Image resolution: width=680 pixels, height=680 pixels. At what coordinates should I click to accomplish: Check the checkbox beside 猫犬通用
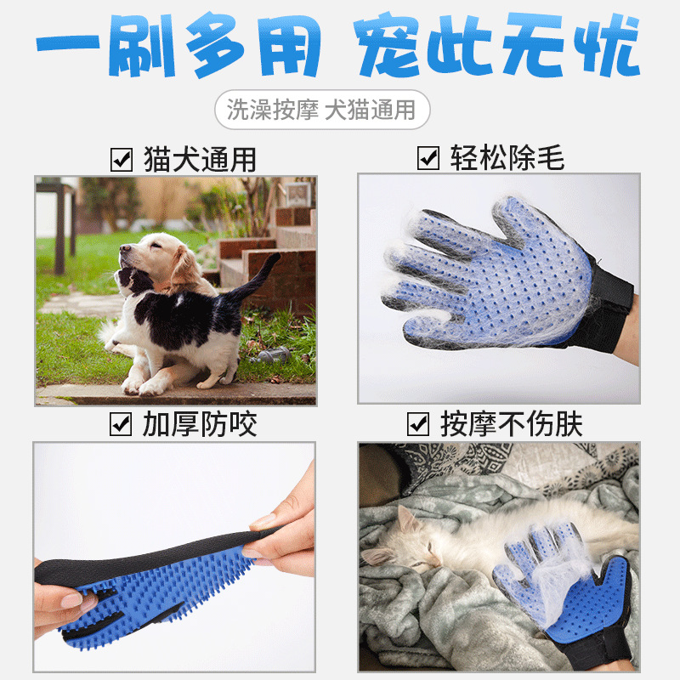[x=122, y=159]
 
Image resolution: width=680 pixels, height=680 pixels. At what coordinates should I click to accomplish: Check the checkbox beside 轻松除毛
[x=428, y=158]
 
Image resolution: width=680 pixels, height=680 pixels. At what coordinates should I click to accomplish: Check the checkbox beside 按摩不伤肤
[x=417, y=423]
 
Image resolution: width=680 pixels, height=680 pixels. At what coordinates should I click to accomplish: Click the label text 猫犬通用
[x=200, y=159]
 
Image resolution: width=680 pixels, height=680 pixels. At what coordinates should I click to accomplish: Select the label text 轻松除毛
[x=507, y=158]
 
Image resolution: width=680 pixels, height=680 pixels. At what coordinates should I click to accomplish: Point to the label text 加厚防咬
[x=200, y=423]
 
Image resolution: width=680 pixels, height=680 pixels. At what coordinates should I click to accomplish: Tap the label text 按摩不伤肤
[x=511, y=423]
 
